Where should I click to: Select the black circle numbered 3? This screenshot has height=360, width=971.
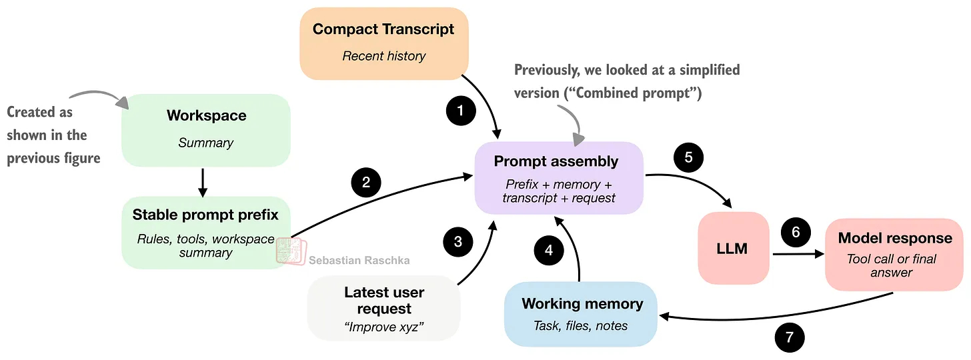pyautogui.click(x=457, y=241)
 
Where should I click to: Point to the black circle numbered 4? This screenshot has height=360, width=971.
pyautogui.click(x=549, y=251)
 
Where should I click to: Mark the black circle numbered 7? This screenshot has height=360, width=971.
pyautogui.click(x=790, y=337)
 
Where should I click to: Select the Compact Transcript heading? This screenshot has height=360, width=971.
pyautogui.click(x=383, y=29)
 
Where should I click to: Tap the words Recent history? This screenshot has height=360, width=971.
pyautogui.click(x=383, y=56)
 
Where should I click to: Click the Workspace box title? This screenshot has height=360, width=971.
pyautogui.click(x=206, y=115)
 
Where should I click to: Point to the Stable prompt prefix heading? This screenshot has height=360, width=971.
pyautogui.click(x=205, y=215)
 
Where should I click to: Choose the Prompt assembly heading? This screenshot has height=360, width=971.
pyautogui.click(x=556, y=161)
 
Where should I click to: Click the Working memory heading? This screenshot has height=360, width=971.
pyautogui.click(x=582, y=304)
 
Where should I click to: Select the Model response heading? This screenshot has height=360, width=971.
pyautogui.click(x=895, y=238)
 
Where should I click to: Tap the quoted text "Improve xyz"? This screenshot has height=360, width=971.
pyautogui.click(x=384, y=327)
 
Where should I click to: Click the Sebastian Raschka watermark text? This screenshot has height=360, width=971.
pyautogui.click(x=359, y=261)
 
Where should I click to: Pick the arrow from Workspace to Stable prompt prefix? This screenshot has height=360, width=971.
pyautogui.click(x=203, y=182)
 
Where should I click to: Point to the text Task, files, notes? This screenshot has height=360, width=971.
pyautogui.click(x=581, y=326)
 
